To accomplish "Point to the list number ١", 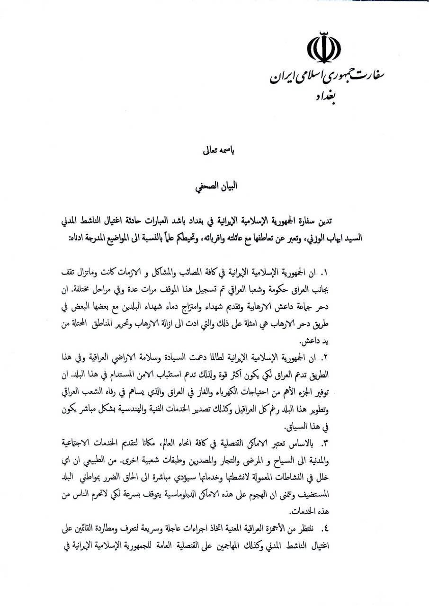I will tap(324, 273).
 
